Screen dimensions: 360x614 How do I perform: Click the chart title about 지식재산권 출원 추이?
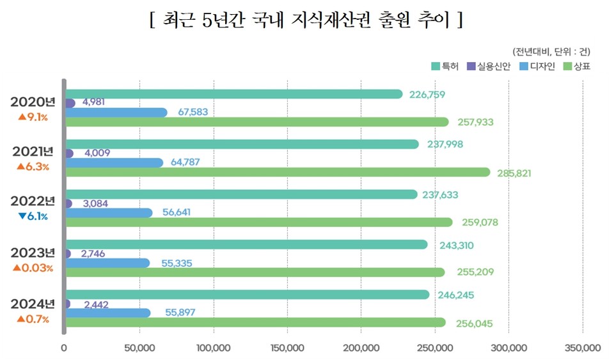[x=306, y=20]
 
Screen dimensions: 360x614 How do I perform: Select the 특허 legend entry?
[x=446, y=67]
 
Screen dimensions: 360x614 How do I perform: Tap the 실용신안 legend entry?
[x=489, y=67]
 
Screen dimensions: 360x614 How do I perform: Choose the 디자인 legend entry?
[x=537, y=67]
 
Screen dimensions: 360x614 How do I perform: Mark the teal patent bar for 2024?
[x=246, y=295]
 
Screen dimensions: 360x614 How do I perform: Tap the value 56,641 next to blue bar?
[x=181, y=212]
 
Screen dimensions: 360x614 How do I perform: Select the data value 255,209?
[x=475, y=272]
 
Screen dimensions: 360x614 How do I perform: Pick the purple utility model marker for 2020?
[x=70, y=104]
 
